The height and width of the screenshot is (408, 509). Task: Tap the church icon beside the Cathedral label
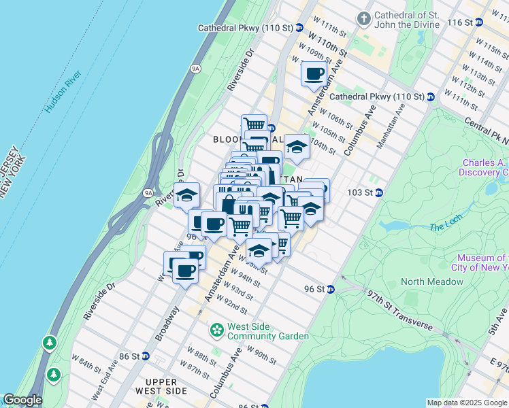coord(365,17)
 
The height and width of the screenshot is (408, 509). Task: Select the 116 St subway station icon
coord(478,22)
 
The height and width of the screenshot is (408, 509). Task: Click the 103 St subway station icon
coord(379,192)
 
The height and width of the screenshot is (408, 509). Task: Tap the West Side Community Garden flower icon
coord(217,330)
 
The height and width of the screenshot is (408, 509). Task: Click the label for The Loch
coord(446,226)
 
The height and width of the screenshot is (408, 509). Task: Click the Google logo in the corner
coord(22,400)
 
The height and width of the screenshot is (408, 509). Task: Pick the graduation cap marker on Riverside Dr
coord(186,196)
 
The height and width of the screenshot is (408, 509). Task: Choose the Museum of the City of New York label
coord(482,262)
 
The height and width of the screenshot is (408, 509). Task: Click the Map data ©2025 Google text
coord(467,403)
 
